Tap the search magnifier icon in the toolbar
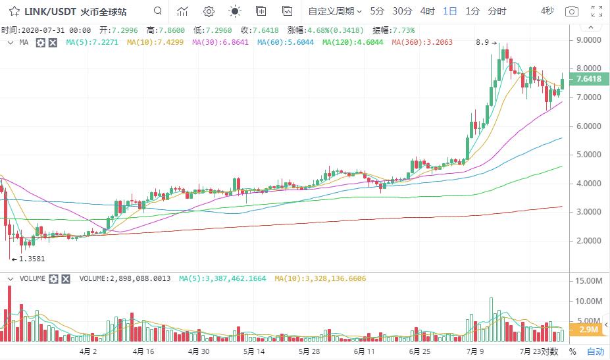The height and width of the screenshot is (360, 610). [157, 11]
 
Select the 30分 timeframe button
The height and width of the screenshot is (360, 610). [402, 11]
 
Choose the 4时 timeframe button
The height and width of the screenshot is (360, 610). [427, 11]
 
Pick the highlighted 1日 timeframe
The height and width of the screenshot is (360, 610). [450, 11]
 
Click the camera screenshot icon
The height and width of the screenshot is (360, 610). [572, 11]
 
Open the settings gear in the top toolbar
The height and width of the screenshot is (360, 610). [209, 11]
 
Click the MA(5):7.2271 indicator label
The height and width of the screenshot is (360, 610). [92, 42]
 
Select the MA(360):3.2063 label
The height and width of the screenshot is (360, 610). [421, 42]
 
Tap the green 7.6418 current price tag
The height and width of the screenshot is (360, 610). [588, 79]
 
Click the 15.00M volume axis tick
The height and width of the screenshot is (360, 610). [590, 281]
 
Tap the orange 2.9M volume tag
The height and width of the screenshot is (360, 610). [588, 329]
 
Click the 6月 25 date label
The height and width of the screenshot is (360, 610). [419, 351]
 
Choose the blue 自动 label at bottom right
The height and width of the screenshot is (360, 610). [595, 351]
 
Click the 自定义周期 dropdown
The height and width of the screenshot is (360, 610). [334, 11]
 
